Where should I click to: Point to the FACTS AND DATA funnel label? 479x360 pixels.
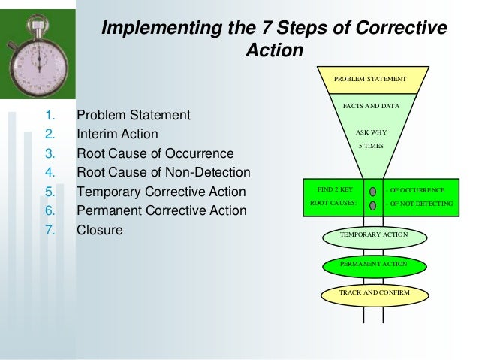(371, 107)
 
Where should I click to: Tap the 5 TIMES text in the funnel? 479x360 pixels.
(371, 145)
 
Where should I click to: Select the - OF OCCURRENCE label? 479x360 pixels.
(415, 191)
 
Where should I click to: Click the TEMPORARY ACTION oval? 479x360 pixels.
(373, 235)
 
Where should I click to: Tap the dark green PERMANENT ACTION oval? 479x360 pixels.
(373, 265)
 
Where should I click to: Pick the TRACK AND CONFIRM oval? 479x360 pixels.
(373, 292)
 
